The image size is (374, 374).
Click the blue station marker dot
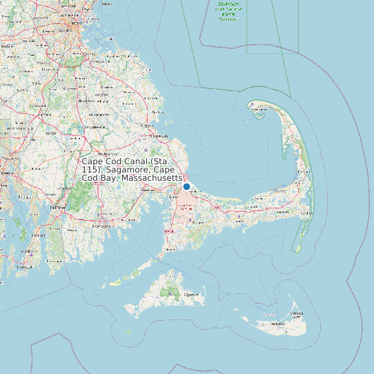point(186,186)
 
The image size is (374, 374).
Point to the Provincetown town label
point(260,115)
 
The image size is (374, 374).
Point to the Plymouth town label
point(160,136)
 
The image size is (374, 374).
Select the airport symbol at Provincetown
point(253,105)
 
